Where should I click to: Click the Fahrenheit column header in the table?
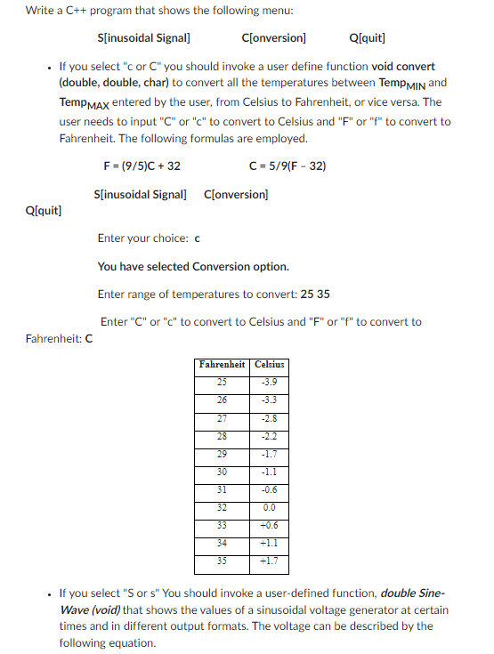(223, 365)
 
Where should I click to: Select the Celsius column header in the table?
(269, 365)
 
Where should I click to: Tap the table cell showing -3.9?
(269, 383)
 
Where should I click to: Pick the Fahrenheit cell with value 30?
(223, 472)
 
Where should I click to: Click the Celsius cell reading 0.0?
(269, 507)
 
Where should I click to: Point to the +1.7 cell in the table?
(269, 561)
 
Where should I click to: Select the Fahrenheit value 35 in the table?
(223, 561)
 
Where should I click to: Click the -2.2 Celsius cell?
(269, 436)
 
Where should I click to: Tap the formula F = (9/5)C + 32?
(142, 166)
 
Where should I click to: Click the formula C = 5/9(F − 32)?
(288, 166)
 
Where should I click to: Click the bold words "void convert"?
(403, 67)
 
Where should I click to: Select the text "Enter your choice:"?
(142, 238)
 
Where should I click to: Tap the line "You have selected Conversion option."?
(193, 266)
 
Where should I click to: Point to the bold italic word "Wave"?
(74, 610)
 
